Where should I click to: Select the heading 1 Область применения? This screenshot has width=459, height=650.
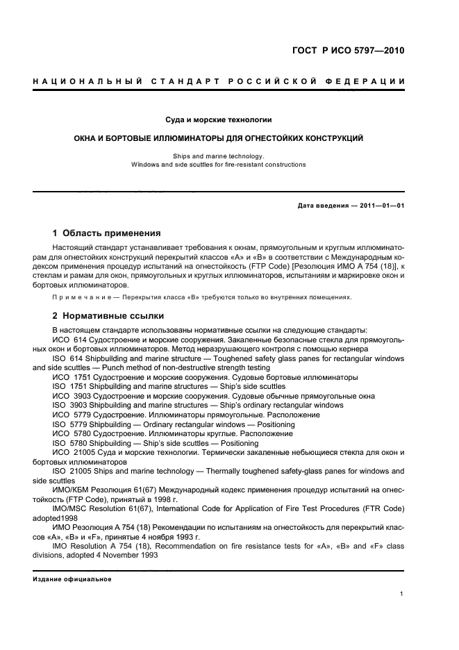coord(107,233)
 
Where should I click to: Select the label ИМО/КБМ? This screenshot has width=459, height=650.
coord(72,490)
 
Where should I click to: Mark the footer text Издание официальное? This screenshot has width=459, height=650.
coord(72,579)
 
